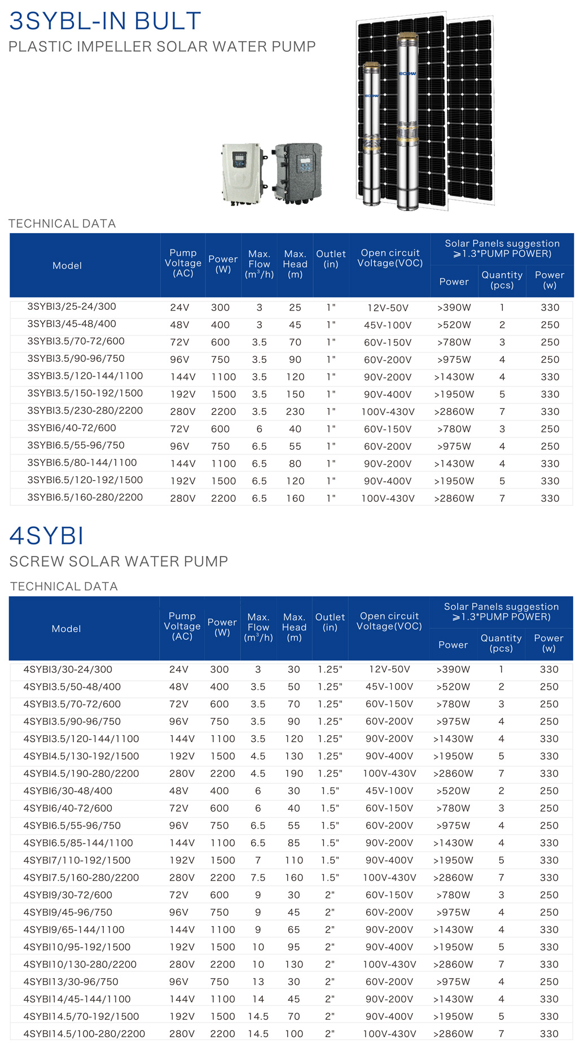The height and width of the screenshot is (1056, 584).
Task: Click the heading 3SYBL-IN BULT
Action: [x=105, y=21]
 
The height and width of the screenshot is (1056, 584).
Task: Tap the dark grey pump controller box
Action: [x=298, y=172]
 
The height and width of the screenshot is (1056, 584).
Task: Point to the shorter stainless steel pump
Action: [x=371, y=133]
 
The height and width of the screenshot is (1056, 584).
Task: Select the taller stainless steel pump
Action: [x=407, y=121]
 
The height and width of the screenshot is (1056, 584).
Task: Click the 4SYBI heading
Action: [x=47, y=536]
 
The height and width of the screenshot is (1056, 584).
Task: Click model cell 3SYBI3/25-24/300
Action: [x=72, y=306]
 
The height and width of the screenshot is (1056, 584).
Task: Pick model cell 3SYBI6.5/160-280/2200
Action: [x=85, y=497]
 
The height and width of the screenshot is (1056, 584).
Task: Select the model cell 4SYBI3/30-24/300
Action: [x=68, y=669]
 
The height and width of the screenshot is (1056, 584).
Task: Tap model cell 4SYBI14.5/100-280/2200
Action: [x=84, y=1033]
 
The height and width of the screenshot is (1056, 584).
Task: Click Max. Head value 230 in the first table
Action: [x=295, y=411]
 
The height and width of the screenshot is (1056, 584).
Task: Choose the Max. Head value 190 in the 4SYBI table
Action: [x=294, y=773]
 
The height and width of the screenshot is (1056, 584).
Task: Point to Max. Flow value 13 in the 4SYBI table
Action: [x=258, y=981]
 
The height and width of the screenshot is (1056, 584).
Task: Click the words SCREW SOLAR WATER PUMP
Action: [x=118, y=562]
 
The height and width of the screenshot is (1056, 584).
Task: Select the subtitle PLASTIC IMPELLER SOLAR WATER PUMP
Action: [x=162, y=47]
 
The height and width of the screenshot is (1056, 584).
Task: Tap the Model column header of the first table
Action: [x=67, y=265]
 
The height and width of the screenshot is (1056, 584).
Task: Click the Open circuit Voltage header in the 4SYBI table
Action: [x=389, y=621]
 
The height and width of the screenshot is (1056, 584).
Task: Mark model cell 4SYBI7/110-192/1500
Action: [x=77, y=860]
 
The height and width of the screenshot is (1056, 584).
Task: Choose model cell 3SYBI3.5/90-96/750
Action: [x=76, y=358]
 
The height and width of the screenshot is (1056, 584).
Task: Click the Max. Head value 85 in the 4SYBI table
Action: [x=294, y=843]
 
